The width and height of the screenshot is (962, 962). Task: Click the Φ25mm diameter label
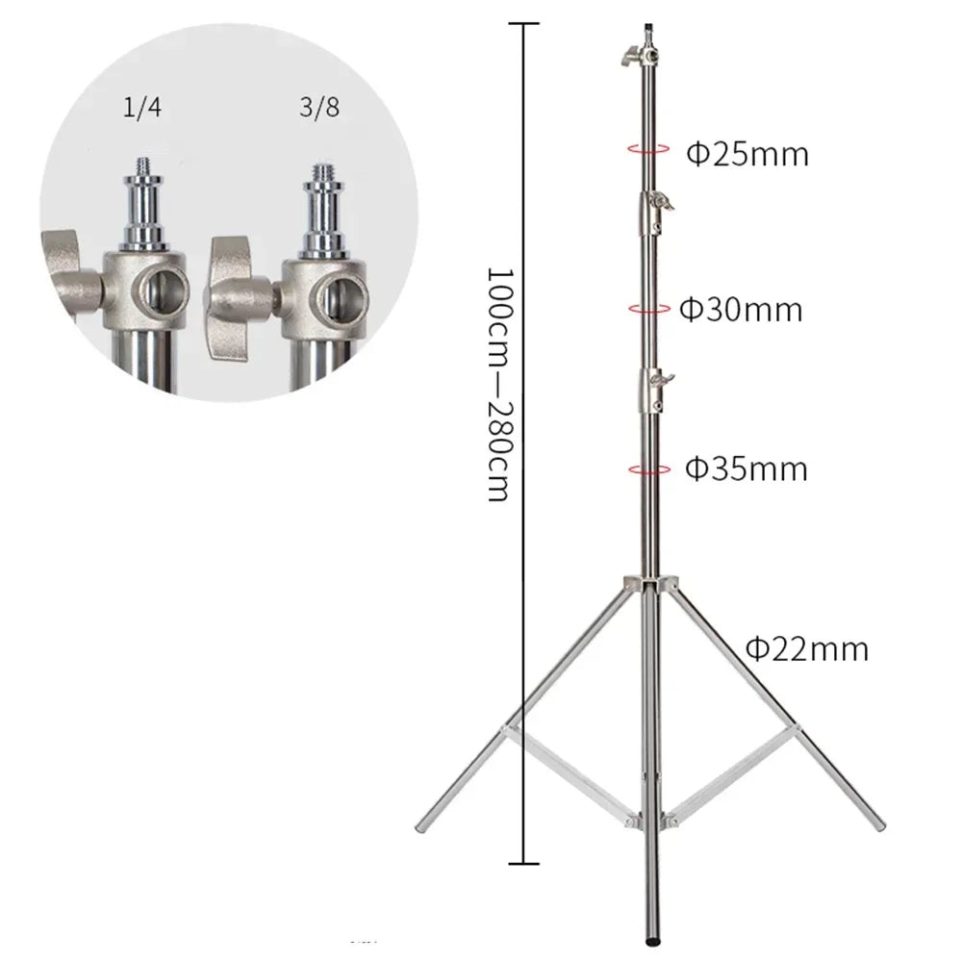(x=747, y=153)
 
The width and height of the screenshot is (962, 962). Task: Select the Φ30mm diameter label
(x=741, y=310)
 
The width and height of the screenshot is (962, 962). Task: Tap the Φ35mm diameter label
(x=746, y=469)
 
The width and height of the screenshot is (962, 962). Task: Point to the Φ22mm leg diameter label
(x=807, y=649)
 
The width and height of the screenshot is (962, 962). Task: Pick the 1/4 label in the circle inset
(x=143, y=109)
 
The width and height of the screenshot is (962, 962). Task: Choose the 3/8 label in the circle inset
(x=319, y=109)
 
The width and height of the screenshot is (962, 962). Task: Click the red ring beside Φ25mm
(x=648, y=149)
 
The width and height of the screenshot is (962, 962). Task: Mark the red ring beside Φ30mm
(x=648, y=308)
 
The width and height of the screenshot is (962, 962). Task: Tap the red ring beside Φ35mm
(x=648, y=468)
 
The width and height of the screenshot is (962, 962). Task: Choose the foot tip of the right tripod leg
(x=877, y=825)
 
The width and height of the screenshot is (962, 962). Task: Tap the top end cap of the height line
(x=524, y=23)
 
